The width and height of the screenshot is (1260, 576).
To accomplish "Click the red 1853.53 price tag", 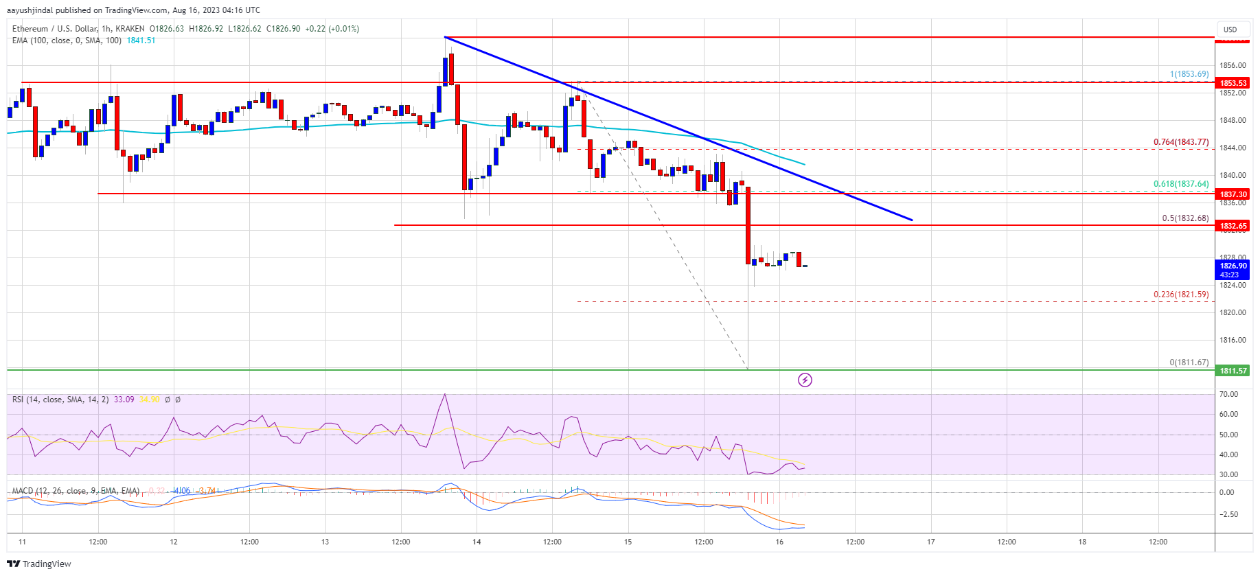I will click(1233, 83).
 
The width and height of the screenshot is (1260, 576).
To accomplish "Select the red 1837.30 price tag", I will click(1233, 194).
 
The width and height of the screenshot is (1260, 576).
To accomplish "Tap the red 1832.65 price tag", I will click(1233, 226).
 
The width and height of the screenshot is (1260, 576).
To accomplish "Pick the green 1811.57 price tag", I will click(1233, 371).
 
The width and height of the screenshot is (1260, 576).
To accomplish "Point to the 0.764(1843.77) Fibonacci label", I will click(1180, 142).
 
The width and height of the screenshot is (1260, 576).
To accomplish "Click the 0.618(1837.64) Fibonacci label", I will click(1180, 184).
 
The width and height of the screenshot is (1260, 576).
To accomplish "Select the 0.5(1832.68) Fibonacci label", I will click(1185, 218).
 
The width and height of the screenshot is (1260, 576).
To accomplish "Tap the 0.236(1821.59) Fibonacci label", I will click(1180, 295).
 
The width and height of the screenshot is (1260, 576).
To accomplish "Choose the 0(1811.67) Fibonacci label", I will click(1189, 362).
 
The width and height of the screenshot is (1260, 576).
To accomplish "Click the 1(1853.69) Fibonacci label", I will click(1189, 74).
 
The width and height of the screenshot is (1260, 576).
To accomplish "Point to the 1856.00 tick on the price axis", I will click(1232, 66).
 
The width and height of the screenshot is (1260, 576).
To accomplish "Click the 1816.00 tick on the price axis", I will click(1232, 340).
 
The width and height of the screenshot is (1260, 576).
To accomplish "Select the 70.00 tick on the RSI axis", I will click(1228, 394).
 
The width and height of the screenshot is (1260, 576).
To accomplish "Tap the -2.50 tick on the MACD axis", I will click(1228, 514).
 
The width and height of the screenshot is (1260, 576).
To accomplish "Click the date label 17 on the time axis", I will click(931, 542).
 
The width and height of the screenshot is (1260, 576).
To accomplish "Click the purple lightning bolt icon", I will click(805, 380).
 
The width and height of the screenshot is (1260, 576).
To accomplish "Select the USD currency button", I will click(1230, 30).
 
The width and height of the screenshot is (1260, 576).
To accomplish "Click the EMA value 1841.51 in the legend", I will click(141, 41).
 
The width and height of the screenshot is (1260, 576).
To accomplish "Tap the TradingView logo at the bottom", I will click(39, 564).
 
